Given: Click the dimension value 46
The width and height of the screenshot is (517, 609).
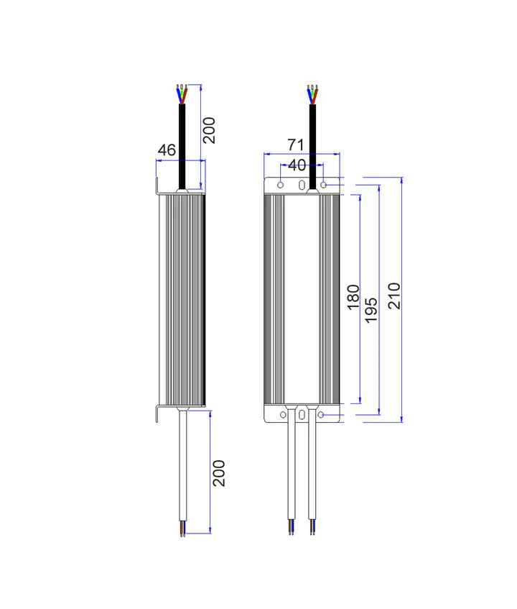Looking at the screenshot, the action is (167, 150).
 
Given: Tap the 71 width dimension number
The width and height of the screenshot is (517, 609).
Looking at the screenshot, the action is (296, 145).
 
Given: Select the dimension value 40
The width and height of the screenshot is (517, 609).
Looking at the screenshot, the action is (297, 165).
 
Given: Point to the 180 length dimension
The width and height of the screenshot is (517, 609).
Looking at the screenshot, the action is (353, 297).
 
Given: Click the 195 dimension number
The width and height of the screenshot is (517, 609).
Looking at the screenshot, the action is (371, 310).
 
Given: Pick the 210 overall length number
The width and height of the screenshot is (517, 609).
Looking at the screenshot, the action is (394, 296).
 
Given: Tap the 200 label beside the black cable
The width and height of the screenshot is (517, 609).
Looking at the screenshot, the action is (209, 131).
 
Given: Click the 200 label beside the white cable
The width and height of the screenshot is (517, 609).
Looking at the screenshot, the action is (219, 473).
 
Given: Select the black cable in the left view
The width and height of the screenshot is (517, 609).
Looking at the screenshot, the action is (182, 146).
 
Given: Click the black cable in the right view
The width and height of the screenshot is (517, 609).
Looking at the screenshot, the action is (312, 147).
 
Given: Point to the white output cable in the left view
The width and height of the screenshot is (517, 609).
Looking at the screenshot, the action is (182, 466).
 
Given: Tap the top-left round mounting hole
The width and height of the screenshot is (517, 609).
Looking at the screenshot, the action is (281, 185).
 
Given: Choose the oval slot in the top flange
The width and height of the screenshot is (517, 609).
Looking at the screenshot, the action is (302, 185).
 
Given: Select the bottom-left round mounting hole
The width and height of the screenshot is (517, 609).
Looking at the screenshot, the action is (283, 415).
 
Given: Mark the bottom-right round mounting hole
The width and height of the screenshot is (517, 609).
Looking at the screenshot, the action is (320, 415).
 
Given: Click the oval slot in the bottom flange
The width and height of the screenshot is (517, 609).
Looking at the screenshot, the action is (302, 415).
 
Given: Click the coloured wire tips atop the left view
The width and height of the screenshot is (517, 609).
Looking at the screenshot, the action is (182, 93).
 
